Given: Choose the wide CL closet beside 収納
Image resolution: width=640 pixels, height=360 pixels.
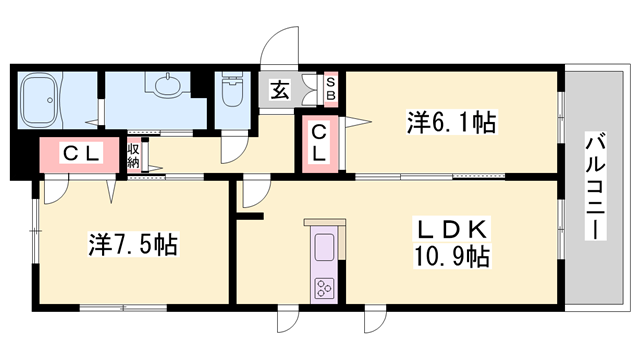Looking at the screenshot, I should [80, 153].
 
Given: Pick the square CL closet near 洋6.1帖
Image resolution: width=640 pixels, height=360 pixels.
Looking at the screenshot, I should [317, 143].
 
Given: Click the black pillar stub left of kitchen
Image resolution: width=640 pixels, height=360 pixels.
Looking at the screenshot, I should [249, 214].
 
